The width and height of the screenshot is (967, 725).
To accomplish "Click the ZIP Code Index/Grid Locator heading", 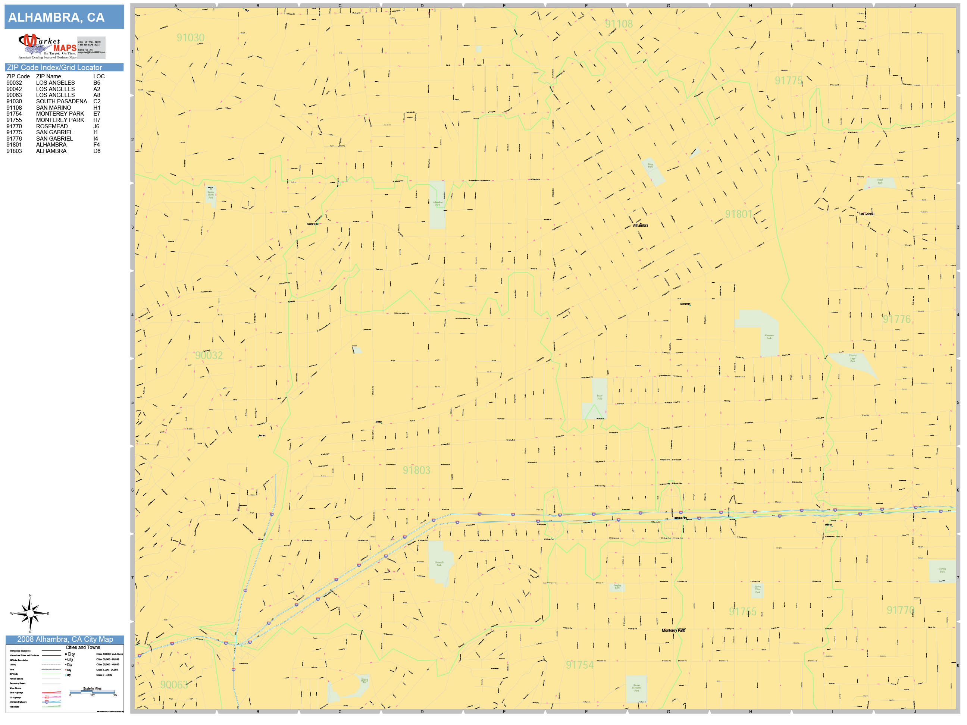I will point(54,67).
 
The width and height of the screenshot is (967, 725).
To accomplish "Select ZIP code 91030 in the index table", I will point(14,101).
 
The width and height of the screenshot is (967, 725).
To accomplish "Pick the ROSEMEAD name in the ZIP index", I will point(52,126).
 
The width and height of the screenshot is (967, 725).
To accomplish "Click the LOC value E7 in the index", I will point(97,114).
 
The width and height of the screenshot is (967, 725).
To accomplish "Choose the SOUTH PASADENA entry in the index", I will point(62,101).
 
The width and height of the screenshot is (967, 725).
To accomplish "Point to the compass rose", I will point(30,613).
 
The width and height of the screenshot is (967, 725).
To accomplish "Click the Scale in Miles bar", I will point(92,692).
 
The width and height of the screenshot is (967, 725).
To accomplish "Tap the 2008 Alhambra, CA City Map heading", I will point(65,639).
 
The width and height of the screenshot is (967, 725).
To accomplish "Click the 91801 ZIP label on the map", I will point(739,214).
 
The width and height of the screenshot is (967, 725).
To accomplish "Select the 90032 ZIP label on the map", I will point(209,355).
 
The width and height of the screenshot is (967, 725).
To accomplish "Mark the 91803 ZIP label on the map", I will point(417,470).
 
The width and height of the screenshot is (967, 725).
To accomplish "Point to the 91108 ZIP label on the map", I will point(619,24).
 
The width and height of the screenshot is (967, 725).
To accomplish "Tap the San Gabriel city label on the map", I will point(866,214).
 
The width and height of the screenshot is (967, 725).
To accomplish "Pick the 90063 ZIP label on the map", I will point(174,684).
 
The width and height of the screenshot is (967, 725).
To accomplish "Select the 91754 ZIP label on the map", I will point(580,665).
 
